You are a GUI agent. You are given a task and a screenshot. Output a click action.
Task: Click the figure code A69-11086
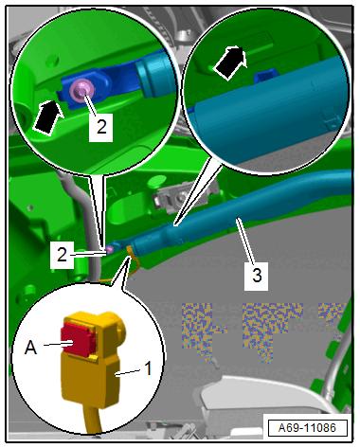coord(307,428)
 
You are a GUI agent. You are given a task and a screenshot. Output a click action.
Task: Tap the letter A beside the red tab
coord(30,348)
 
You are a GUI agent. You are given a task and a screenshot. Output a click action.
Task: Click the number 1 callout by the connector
coord(148,368)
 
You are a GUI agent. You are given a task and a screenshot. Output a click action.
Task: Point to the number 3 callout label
coord(257,275)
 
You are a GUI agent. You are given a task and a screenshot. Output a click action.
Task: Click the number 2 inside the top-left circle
coord(101,127)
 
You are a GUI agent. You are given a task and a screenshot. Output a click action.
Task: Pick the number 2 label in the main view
coord(62,255)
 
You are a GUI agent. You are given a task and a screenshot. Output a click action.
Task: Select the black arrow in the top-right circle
coord(229,63)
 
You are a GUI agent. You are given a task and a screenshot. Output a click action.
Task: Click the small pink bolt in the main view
coord(110,250)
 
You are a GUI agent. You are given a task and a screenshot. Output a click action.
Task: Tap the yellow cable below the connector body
coord(93,420)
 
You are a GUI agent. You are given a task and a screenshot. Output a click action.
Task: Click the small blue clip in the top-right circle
coord(266,75)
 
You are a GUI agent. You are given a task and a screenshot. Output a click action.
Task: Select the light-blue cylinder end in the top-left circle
coord(156,75)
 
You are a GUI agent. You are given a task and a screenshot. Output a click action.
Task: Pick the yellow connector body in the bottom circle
coord(93,360)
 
